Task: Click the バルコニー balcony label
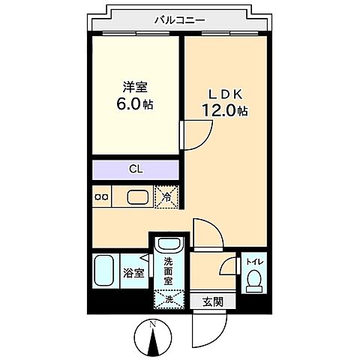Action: [x=179, y=21]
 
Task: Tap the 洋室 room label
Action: [x=133, y=87]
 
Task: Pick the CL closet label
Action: [x=136, y=169]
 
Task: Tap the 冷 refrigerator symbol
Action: [x=167, y=196]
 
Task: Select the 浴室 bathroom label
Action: [x=133, y=272]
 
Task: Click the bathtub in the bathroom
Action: [x=103, y=271]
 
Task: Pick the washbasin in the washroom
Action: [x=169, y=246]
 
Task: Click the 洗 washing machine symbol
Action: [x=167, y=299]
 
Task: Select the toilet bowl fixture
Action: [x=253, y=281]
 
